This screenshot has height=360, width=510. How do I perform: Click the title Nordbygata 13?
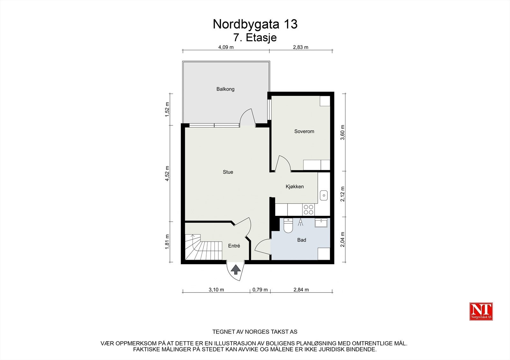click(255, 24)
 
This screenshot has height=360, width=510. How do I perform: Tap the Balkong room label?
click(225, 89)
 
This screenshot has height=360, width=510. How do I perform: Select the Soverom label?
click(304, 131)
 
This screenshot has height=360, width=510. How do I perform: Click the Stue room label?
click(228, 172)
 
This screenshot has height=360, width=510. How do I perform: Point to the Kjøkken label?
click(295, 187)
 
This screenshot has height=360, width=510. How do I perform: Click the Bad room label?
click(302, 240)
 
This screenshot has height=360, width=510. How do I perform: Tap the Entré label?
click(234, 246)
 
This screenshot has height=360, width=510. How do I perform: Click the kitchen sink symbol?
click(324, 195)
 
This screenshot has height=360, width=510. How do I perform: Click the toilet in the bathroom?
click(288, 226)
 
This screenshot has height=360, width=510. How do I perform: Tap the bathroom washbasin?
click(321, 223)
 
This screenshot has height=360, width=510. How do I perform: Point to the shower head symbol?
click(300, 222)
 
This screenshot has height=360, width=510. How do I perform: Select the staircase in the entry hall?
click(203, 247)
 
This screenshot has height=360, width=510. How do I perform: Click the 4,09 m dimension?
click(226, 47)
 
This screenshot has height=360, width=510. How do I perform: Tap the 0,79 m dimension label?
click(260, 290)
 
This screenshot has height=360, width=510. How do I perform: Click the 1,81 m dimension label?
click(167, 242)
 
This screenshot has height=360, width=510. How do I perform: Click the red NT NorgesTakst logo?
click(481, 311)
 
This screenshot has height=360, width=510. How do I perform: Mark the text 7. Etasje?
click(255, 38)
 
